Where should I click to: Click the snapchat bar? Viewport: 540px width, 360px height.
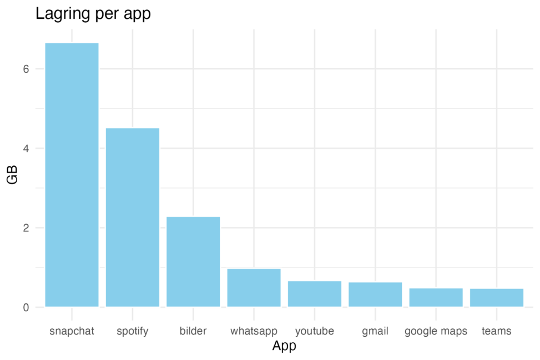[72, 174]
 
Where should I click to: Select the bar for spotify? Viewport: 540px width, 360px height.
[133, 217]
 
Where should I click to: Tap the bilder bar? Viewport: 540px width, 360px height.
[193, 261]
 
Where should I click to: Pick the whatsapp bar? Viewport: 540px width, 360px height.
[254, 287]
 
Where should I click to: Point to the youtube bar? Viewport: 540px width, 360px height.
[315, 293]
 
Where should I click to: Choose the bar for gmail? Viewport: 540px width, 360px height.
[375, 294]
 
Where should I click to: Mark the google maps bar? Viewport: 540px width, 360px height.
[436, 297]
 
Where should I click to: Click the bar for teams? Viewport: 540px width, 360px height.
[497, 297]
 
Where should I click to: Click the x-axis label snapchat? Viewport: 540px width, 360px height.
[72, 331]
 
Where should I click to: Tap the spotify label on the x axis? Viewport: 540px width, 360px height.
[133, 332]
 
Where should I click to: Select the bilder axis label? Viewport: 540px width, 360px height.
[193, 331]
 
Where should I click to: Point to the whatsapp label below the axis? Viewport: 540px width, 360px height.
[254, 332]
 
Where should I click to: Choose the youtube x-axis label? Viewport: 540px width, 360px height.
[315, 332]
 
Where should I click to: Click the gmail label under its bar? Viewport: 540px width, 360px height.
[375, 332]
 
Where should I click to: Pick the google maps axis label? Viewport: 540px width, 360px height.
[436, 332]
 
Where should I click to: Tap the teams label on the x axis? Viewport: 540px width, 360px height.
[497, 331]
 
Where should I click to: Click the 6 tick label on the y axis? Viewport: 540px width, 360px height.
[26, 69]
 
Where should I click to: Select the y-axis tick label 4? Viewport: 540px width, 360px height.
[26, 149]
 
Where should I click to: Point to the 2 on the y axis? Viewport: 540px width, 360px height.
[26, 228]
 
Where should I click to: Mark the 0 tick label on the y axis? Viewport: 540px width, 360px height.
[26, 307]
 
